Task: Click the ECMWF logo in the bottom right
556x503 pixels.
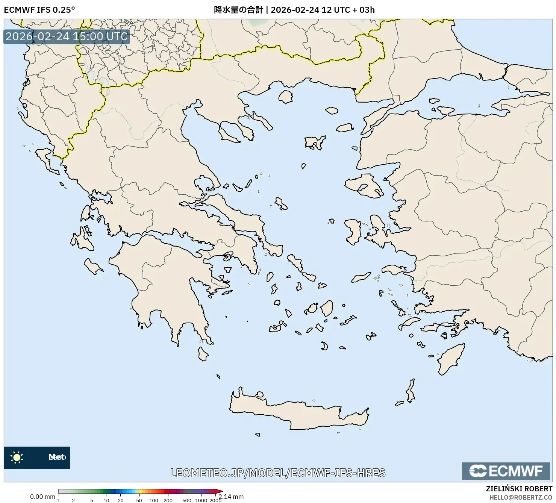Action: pos(506,471)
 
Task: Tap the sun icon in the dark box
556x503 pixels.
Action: pos(17,458)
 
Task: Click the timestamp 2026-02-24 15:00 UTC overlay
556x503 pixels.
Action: pos(67,36)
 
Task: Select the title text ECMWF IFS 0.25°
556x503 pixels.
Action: pos(39,10)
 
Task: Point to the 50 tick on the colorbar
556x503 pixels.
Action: pos(139,500)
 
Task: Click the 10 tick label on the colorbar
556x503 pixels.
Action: pos(106,500)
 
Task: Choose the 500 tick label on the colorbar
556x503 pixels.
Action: pos(187,500)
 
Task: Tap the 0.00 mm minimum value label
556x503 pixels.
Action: pos(42,497)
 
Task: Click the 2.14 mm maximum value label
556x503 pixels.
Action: pos(232,497)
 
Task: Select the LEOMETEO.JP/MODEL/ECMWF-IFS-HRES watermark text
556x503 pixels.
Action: pos(278,473)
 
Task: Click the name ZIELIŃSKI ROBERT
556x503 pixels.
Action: pos(519,489)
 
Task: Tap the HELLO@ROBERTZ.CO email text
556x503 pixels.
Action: pos(521,497)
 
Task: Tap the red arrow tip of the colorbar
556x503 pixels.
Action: pos(221,491)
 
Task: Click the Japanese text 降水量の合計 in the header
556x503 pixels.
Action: pos(238,10)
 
